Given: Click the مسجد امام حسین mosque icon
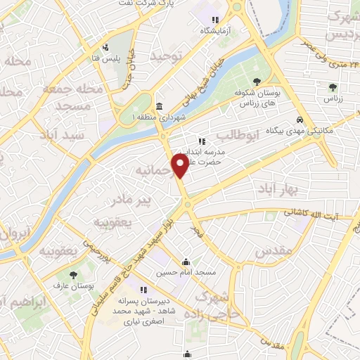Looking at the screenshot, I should click(x=186, y=261).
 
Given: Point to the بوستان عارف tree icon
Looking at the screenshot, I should click(x=73, y=274).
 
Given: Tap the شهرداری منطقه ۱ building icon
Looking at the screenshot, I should click(x=159, y=106).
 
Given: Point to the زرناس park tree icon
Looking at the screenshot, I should click(x=332, y=87).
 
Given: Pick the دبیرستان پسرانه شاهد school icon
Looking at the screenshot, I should click(x=143, y=289).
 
